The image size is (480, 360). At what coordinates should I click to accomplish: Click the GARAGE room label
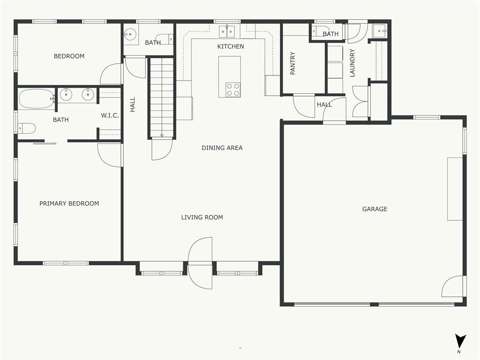pos(375,209)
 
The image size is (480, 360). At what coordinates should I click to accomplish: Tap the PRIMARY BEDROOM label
pos(69,203)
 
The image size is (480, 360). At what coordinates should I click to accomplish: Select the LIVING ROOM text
pos(202,217)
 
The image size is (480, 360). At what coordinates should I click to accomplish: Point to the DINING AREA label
pos(222,148)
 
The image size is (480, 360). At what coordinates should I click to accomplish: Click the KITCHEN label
pos(231,46)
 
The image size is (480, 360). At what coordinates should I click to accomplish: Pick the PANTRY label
pos(292,63)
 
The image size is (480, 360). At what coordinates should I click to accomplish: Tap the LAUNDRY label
pos(352,63)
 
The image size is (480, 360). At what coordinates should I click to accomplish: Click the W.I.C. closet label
pos(110,115)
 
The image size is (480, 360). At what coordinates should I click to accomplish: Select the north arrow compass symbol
pos(460,341)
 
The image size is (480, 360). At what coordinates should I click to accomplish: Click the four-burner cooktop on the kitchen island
pos(233,90)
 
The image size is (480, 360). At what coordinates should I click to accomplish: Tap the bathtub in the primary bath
pos(37,98)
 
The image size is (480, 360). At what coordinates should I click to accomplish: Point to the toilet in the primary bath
pos(27,128)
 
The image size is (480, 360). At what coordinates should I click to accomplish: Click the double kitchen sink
pos(227,31)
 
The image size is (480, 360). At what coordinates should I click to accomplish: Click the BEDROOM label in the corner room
pos(69,56)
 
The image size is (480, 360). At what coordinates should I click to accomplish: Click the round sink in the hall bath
pos(130,34)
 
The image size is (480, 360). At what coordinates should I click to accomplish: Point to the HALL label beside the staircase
pos(133,105)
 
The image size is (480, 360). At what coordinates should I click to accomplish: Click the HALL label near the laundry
pos(324,105)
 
